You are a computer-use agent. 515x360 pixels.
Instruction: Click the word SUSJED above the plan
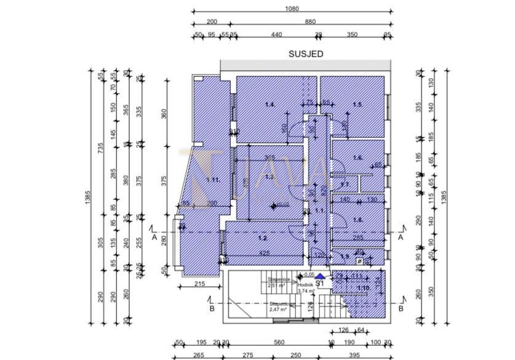(306, 54)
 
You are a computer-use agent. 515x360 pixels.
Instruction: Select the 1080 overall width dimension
(292, 9)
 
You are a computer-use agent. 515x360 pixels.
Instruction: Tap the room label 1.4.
(269, 105)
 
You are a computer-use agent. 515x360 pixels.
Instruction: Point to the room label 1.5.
(357, 105)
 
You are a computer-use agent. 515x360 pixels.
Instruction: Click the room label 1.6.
(357, 158)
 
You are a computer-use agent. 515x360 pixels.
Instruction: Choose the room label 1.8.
(357, 220)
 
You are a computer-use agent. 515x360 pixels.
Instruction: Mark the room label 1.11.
(214, 180)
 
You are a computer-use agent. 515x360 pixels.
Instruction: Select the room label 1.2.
(262, 238)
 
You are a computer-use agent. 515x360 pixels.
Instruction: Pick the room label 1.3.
(269, 177)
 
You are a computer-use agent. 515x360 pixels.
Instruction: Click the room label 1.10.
(363, 288)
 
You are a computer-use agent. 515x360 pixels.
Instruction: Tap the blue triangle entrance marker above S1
(320, 276)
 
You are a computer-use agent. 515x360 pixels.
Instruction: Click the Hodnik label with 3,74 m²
(306, 286)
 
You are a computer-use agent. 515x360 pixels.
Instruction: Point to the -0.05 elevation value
(310, 275)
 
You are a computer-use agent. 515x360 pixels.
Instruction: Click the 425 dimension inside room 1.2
(263, 253)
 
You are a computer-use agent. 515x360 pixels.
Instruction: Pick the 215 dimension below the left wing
(199, 283)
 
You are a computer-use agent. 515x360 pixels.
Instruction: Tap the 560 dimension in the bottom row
(279, 343)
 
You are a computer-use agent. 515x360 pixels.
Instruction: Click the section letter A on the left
(154, 237)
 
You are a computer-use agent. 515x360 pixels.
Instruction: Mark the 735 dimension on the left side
(101, 148)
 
